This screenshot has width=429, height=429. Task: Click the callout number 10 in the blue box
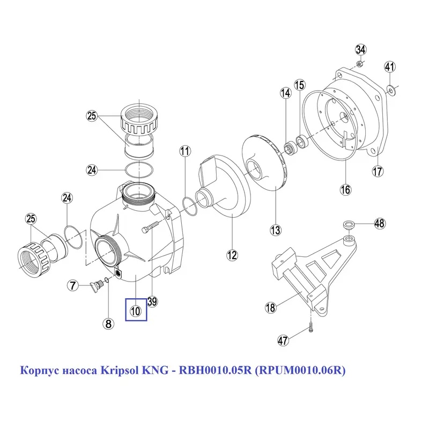click(136, 311)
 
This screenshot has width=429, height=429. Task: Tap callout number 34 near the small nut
click(360, 49)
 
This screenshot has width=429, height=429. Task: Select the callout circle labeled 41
click(390, 66)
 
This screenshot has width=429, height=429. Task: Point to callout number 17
click(378, 172)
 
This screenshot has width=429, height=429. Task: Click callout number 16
click(345, 189)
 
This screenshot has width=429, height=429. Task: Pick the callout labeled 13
click(275, 230)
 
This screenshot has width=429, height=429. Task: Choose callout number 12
click(232, 255)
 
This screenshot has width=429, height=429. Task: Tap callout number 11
click(185, 151)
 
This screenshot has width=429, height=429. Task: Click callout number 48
click(380, 224)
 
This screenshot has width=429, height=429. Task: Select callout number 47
click(283, 341)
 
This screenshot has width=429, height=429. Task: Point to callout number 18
click(270, 307)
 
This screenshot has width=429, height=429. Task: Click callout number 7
click(73, 286)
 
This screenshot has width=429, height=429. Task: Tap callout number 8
click(108, 324)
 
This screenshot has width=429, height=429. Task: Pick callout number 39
click(152, 301)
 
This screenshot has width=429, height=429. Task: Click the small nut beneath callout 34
click(360, 64)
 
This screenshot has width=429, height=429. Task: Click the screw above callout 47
click(312, 327)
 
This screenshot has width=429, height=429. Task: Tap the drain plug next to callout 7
click(96, 286)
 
